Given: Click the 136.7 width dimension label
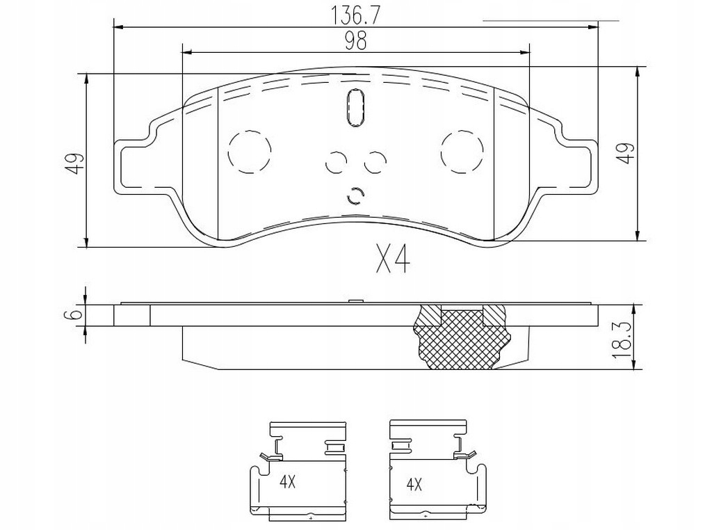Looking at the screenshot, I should click(x=355, y=13).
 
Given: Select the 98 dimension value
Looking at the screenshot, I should click(x=355, y=41).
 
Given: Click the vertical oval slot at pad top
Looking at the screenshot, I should click(x=355, y=108).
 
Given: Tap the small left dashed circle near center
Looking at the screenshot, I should click(x=336, y=162).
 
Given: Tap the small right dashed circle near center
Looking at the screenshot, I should click(x=375, y=162).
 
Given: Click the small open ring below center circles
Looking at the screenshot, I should click(x=355, y=197).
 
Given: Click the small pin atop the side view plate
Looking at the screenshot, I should click(x=355, y=301).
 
